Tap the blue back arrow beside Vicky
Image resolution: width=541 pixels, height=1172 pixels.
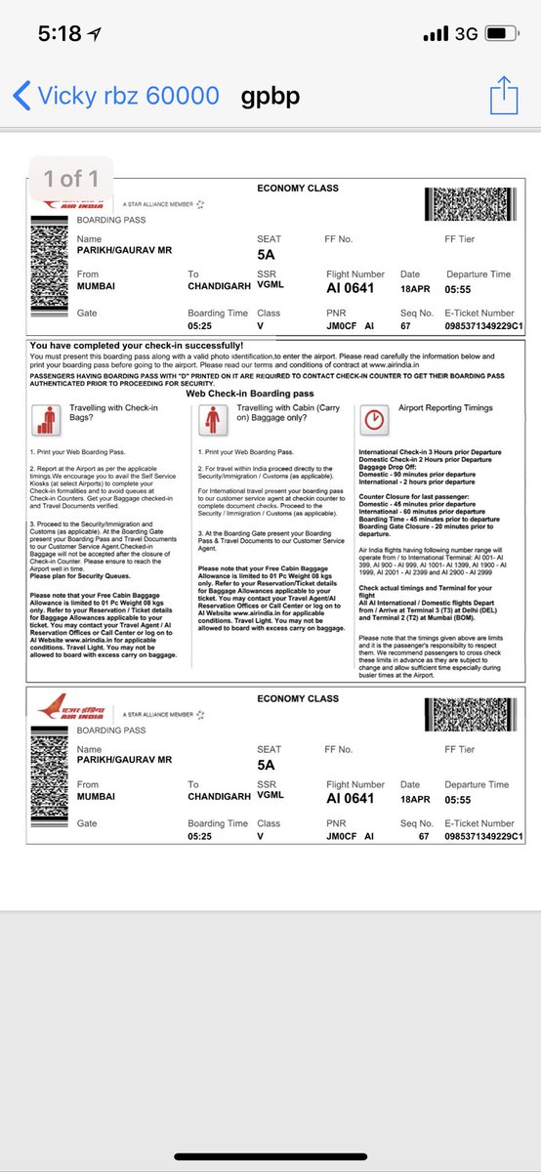pyautogui.click(x=21, y=96)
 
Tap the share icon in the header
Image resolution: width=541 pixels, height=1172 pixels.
pyautogui.click(x=503, y=95)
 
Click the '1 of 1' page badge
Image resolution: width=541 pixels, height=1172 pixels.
pyautogui.click(x=71, y=179)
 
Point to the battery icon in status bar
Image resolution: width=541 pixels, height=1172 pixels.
pyautogui.click(x=501, y=34)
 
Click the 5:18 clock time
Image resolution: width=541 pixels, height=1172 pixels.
pyautogui.click(x=60, y=34)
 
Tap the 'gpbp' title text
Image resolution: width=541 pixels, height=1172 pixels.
pyautogui.click(x=270, y=96)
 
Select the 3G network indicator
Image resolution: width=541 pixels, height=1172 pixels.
pyautogui.click(x=466, y=34)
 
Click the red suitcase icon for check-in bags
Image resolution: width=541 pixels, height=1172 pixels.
pyautogui.click(x=46, y=419)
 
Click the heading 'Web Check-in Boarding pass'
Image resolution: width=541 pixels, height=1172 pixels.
pyautogui.click(x=247, y=393)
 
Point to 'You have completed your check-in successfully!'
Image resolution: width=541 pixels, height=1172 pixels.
pyautogui.click(x=137, y=346)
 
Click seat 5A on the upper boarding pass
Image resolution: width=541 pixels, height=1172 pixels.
pyautogui.click(x=267, y=256)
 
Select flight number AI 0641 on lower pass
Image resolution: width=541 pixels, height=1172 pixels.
pyautogui.click(x=351, y=798)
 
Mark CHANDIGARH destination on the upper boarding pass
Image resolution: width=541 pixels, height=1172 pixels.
pyautogui.click(x=219, y=288)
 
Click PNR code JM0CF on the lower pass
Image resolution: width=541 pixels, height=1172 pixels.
pyautogui.click(x=342, y=837)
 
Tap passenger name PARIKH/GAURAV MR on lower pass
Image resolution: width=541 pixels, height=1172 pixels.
pyautogui.click(x=124, y=763)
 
